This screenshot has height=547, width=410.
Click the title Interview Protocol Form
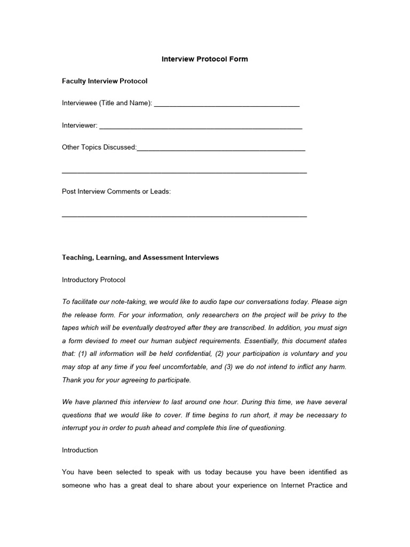pos(204,59)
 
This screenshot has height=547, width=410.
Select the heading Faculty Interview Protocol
pos(105,81)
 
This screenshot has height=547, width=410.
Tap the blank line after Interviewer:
pos(201,127)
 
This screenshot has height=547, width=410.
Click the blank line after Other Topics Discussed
pos(221,149)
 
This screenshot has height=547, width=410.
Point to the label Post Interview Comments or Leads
pos(116,191)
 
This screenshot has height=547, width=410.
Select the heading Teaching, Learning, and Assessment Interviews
pos(140,257)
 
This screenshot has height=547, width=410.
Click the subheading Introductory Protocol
pos(93,280)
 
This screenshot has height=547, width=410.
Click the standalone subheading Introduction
pos(80,450)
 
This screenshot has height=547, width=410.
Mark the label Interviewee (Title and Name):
pos(107,103)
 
